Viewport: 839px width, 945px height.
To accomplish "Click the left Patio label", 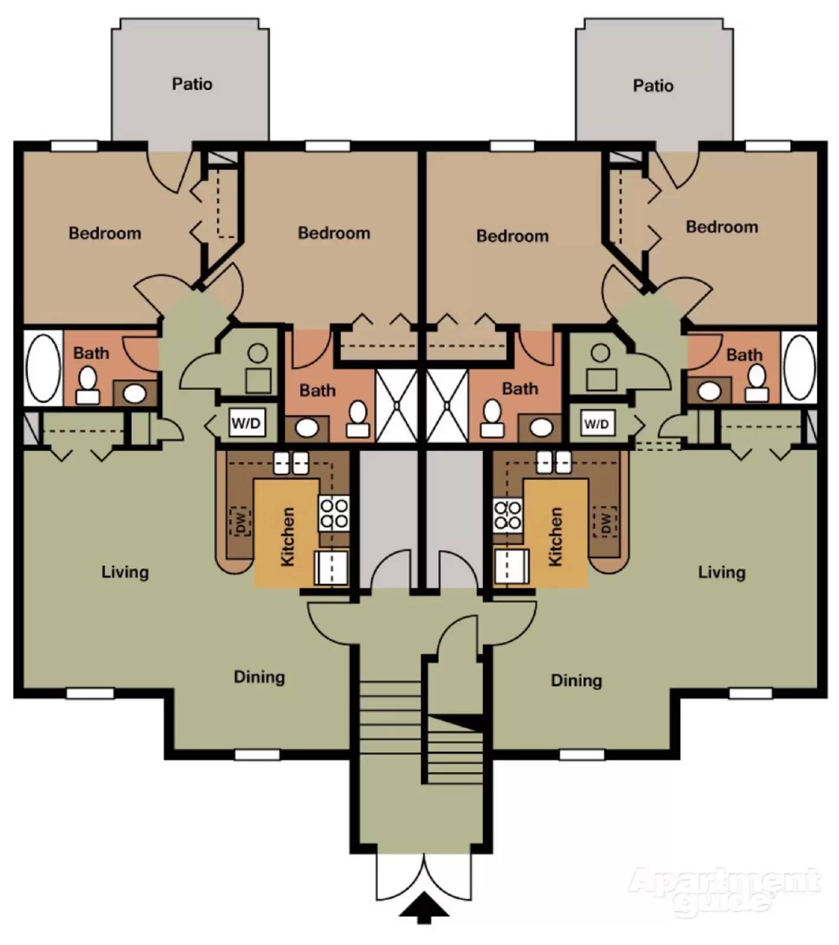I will pos(192,84).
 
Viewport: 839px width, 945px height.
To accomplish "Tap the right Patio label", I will pos(653,86).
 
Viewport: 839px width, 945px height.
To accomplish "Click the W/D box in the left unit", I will pos(246,423).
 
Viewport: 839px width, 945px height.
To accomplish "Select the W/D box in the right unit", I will pos(596,423).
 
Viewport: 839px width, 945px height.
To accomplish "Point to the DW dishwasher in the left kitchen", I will pos(240,522).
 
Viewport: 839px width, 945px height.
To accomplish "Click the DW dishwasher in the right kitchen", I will pos(605,522).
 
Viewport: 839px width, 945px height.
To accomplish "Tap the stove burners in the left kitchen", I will pos(334,513).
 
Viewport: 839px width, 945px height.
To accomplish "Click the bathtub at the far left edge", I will pos(43,367).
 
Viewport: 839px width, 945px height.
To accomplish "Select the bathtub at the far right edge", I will pos(799,367).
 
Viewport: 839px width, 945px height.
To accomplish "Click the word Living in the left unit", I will pos(125,572).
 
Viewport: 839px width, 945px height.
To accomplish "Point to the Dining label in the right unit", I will pos(576,680).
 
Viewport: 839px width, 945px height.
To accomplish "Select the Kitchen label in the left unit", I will pos(287,536).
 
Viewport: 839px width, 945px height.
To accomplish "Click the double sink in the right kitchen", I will pos(554,462).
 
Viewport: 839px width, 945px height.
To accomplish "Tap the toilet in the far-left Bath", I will pos(88,386).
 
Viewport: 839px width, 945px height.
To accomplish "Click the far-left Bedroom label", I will pos(105,233).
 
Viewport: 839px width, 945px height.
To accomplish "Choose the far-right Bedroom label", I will pos(721,227).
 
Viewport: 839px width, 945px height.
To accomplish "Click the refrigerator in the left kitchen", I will pos(331,567).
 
